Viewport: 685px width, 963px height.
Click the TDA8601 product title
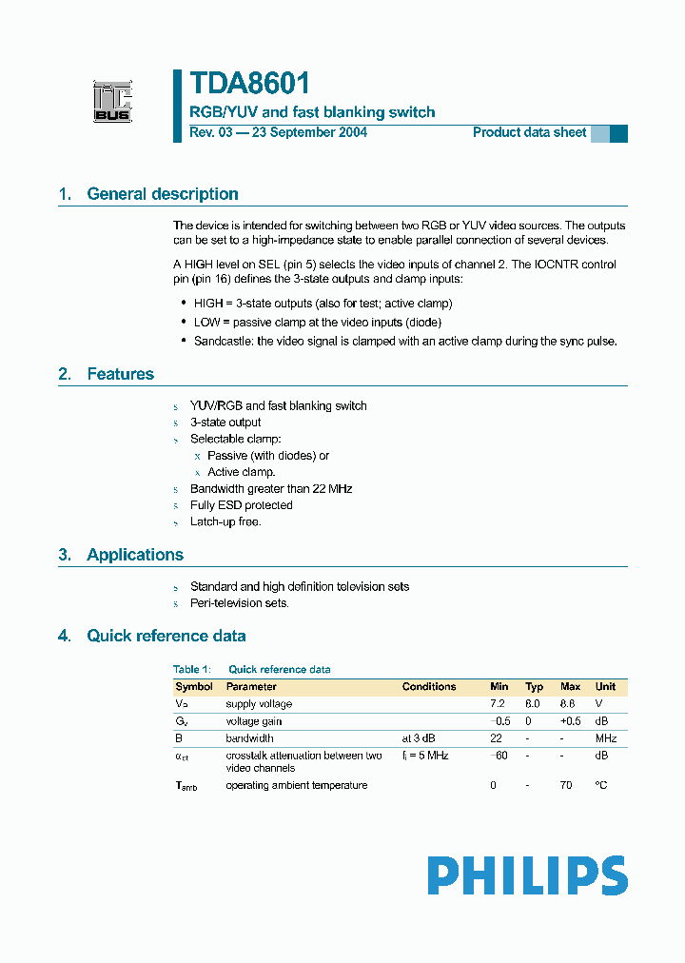(249, 84)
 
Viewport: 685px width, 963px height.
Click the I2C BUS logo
(111, 102)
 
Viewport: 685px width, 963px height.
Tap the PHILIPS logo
(527, 875)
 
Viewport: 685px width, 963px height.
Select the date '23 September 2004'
(308, 132)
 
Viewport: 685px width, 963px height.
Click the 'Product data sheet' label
(529, 132)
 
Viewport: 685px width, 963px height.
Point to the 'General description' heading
(162, 194)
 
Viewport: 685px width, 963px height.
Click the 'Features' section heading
(120, 374)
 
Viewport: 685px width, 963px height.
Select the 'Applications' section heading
(134, 555)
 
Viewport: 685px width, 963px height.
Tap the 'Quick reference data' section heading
(166, 636)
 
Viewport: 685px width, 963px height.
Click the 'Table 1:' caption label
(191, 669)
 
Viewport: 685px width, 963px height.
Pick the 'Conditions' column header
(428, 686)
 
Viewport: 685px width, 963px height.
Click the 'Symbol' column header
(195, 686)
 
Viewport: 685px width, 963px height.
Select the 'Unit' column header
(605, 686)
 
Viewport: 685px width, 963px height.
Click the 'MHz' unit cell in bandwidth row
(606, 738)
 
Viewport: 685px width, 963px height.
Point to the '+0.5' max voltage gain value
(570, 721)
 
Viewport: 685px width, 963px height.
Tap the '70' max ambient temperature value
(566, 785)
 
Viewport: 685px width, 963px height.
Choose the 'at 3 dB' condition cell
(421, 738)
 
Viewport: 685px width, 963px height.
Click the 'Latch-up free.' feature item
(225, 521)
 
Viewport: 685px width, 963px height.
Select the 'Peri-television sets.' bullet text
(240, 603)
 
